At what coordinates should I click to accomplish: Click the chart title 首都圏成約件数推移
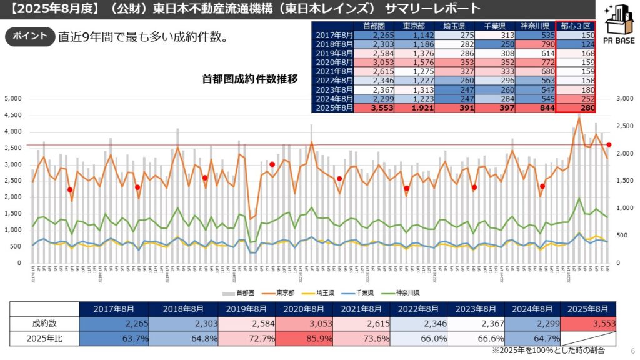250,79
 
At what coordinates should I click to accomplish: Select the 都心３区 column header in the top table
575,26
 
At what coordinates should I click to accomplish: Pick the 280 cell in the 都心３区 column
575,108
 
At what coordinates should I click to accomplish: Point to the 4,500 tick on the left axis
13,115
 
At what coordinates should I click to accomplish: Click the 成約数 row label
44,323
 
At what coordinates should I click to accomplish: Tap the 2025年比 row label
44,338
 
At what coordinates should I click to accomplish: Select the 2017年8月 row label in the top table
332,36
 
